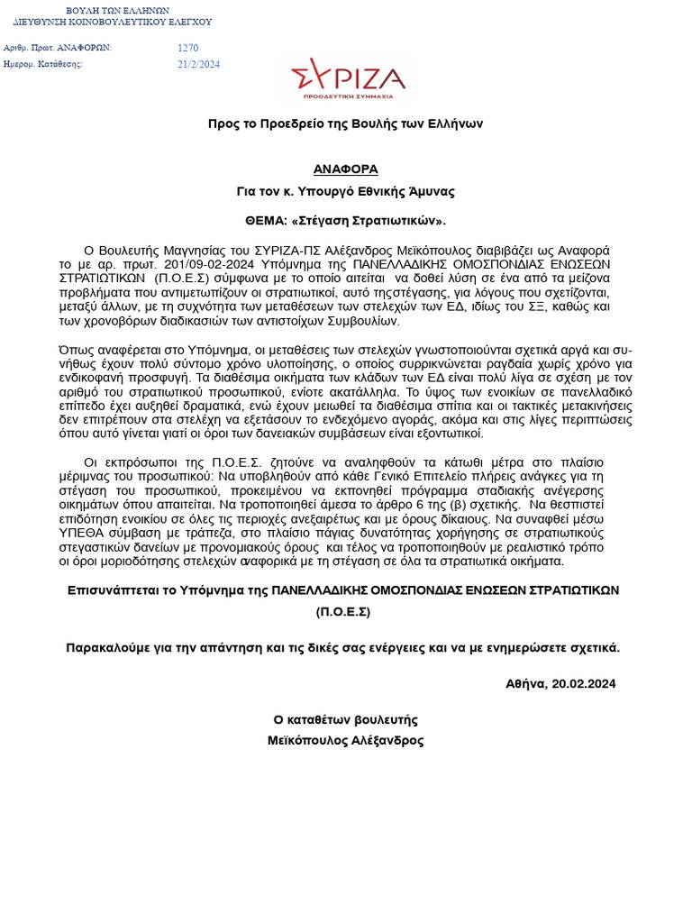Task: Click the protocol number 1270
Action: [188, 48]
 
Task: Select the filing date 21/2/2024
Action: [199, 64]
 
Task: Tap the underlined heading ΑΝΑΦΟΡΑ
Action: [346, 169]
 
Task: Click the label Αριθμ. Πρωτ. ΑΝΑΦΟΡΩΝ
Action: [58, 48]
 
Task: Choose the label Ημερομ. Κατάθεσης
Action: [43, 64]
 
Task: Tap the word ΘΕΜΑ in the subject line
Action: [266, 221]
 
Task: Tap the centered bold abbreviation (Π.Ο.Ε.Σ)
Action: [343, 613]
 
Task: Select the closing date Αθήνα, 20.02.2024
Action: [560, 684]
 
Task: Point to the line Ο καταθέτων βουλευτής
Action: [346, 720]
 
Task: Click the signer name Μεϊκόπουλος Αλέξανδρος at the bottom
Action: [346, 741]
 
